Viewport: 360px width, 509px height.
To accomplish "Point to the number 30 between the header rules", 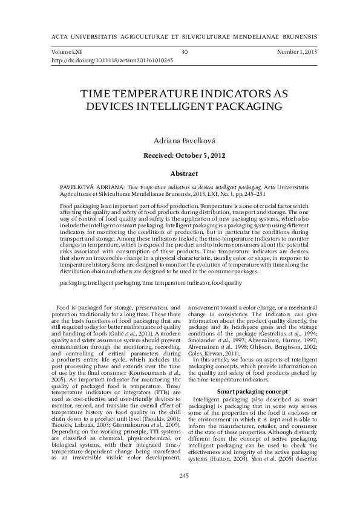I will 185,53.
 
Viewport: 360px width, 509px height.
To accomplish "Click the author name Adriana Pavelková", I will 180,140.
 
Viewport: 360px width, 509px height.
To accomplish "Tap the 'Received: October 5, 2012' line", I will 180,155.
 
